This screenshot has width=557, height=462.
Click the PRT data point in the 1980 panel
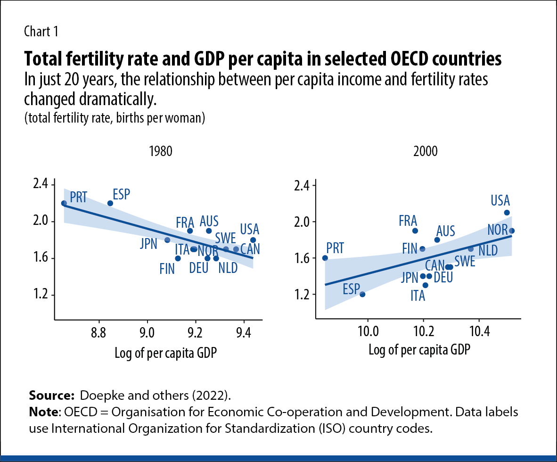64,203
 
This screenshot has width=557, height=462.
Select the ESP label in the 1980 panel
122,194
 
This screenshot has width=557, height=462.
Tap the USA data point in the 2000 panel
507,213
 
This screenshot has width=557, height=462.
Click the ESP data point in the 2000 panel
362,294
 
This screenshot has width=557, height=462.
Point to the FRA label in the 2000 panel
408,220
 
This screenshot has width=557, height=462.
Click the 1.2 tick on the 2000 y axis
302,295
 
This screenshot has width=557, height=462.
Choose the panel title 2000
426,152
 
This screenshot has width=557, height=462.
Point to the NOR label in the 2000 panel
497,230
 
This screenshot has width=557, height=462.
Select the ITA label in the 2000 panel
418,296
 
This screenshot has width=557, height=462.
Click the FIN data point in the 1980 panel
178,258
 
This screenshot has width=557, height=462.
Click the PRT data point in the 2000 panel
325,258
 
